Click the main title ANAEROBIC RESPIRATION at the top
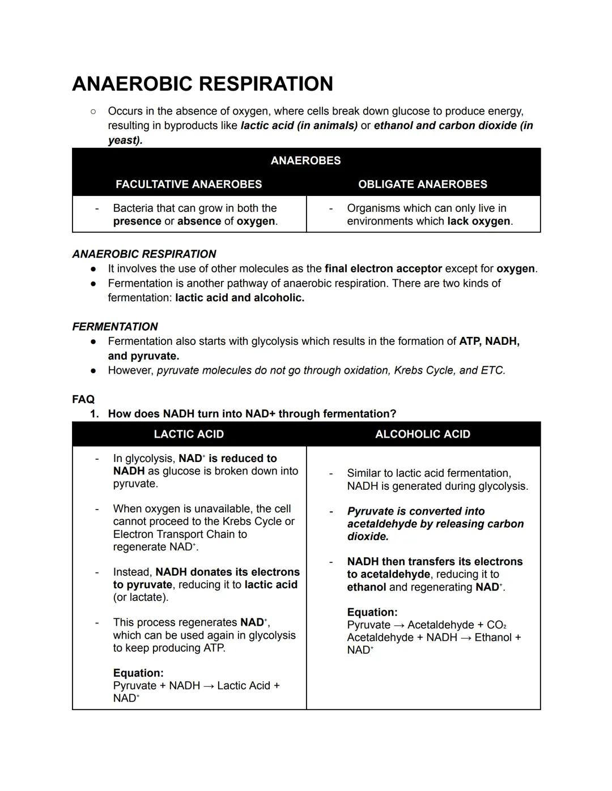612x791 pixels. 202,84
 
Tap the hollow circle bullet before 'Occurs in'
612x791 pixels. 93,112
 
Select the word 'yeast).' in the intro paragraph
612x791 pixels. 125,140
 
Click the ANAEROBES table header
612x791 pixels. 305,161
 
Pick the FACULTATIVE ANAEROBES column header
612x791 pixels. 189,185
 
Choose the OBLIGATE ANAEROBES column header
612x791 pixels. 422,185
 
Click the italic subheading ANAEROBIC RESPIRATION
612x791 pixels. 144,254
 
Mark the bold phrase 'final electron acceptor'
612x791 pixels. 383,268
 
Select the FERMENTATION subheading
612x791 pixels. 115,327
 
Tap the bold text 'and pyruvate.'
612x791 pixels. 143,356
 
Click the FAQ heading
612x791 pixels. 83,399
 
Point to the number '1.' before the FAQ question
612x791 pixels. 94,414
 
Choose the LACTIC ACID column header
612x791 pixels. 189,434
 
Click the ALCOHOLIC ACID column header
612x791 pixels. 422,434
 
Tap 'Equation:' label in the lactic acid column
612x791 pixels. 138,673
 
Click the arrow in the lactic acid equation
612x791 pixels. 209,686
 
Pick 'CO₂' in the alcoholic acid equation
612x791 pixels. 496,625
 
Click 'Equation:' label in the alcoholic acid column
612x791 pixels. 372,612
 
